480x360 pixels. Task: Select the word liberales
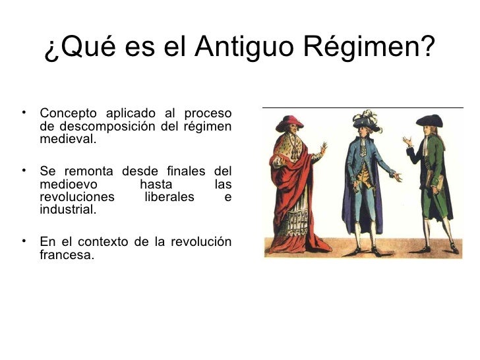[169, 196]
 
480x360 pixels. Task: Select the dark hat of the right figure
[429, 122]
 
